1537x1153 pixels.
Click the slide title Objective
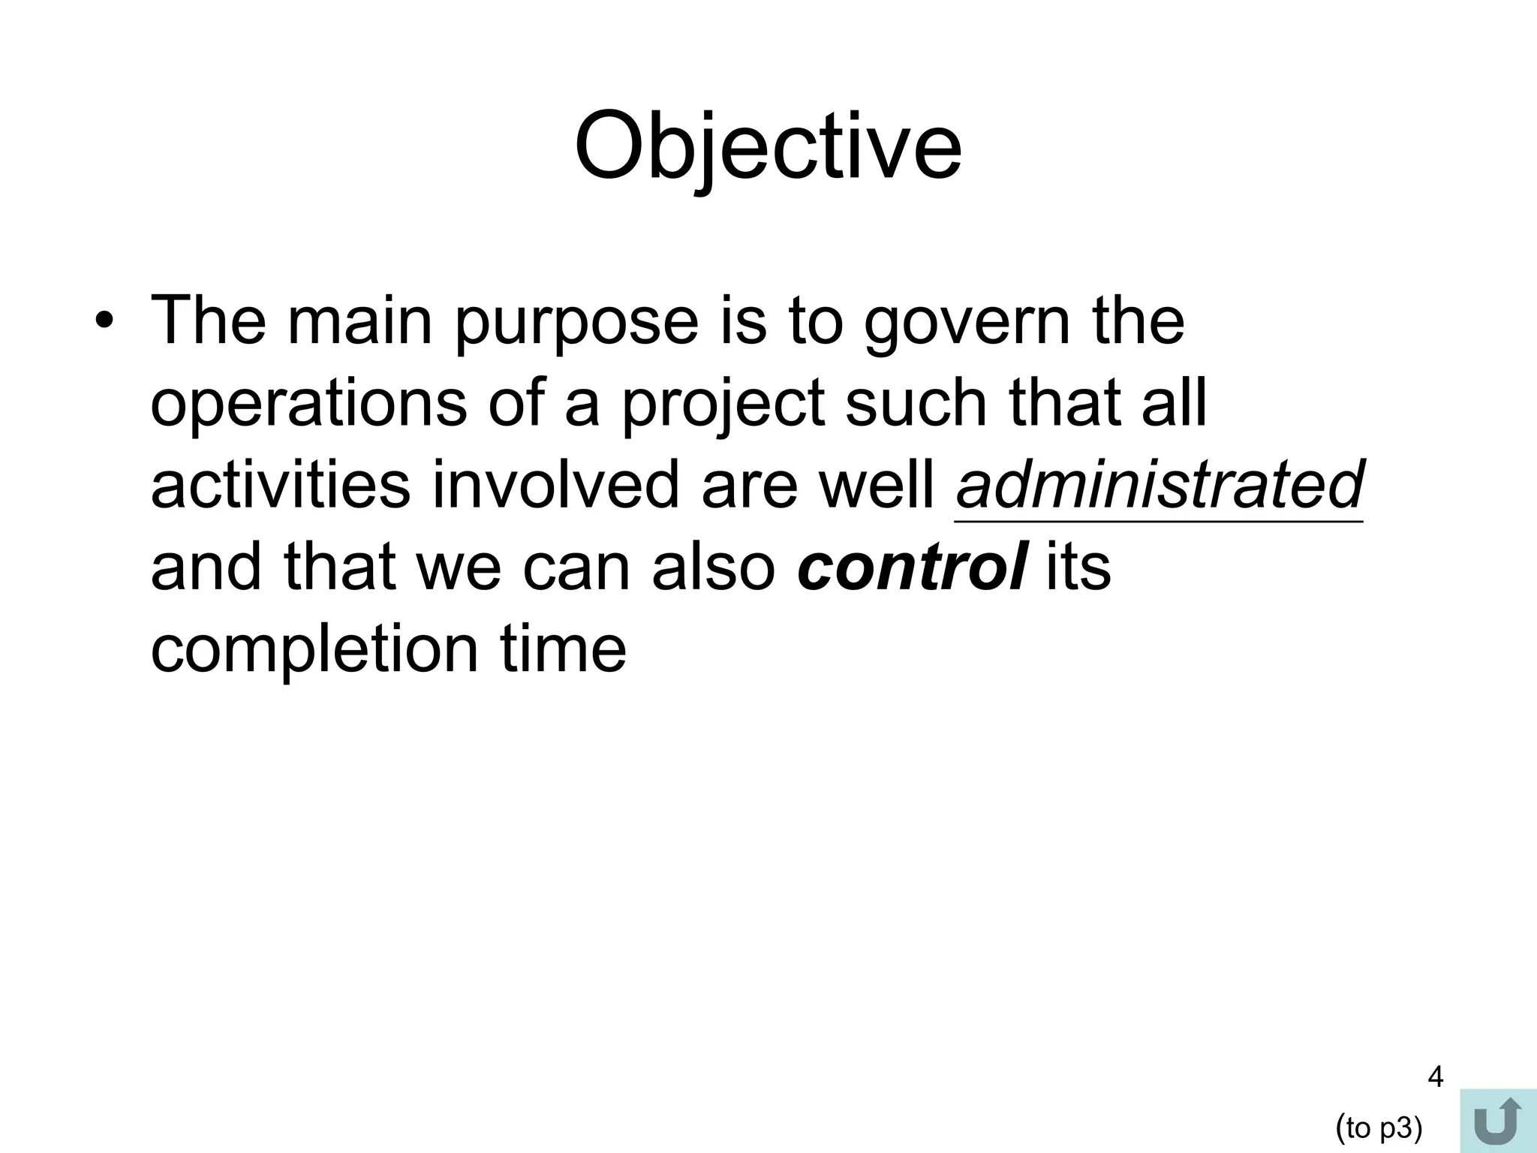(x=767, y=146)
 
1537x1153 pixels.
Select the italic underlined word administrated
(x=1159, y=485)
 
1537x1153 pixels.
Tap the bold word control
(x=910, y=567)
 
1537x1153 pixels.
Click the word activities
(x=280, y=485)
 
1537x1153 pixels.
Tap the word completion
(x=314, y=649)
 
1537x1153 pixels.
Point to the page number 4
(x=1434, y=1078)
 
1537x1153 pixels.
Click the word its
(x=1078, y=567)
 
